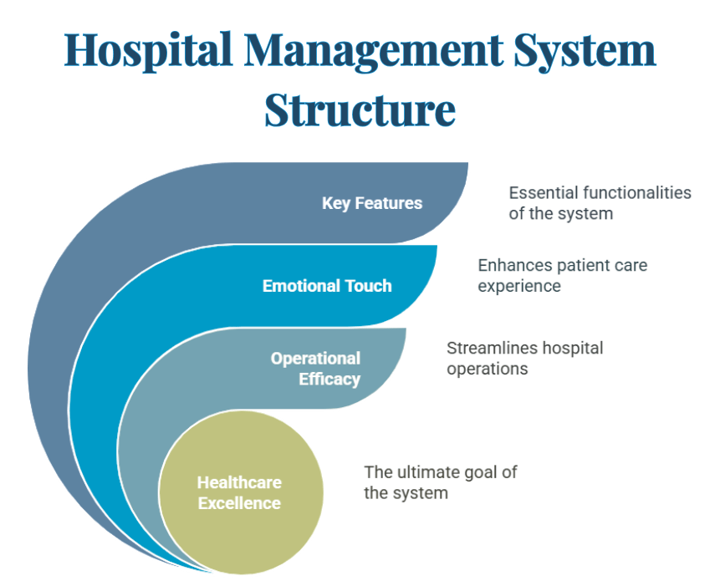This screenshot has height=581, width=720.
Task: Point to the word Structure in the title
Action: [360, 108]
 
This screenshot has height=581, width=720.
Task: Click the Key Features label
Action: [372, 203]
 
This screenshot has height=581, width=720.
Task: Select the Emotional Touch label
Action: [327, 286]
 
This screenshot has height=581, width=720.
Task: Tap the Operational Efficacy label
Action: [315, 369]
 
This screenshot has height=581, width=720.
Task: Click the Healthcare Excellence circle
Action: [239, 493]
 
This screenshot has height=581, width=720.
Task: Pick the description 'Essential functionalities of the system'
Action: [600, 203]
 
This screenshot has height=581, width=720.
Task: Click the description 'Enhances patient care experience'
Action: [562, 275]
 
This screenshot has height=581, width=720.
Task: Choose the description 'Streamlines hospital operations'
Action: [524, 358]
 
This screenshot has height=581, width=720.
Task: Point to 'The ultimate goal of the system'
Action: [440, 482]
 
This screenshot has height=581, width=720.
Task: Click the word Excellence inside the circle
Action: [239, 503]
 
